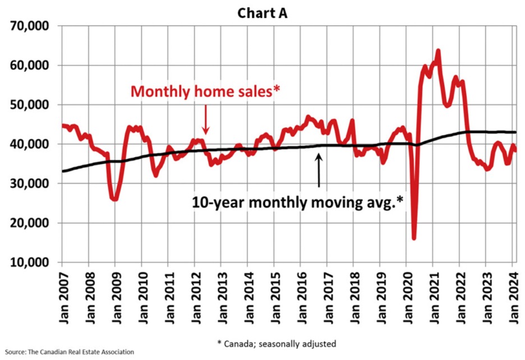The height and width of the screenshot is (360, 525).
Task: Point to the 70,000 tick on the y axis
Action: coord(31,26)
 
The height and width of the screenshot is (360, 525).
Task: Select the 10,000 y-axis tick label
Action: coord(31,262)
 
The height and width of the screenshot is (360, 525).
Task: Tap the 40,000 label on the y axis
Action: coord(31,144)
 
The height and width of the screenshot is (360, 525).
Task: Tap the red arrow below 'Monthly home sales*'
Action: coord(206,120)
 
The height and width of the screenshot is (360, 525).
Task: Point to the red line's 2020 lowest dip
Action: coord(414,238)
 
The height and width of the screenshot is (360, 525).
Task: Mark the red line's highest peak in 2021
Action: coord(438,51)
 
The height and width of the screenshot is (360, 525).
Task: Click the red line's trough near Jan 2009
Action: coord(114,199)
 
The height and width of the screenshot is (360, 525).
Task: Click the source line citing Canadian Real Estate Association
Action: coord(68,352)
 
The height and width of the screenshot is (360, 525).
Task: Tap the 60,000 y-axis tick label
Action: coord(31,66)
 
